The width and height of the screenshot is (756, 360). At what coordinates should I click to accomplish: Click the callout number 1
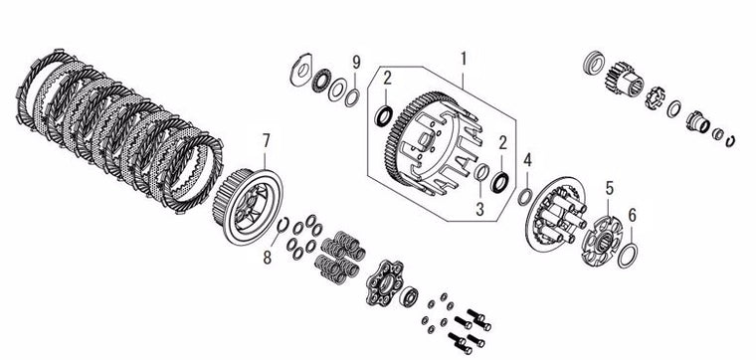(x=464, y=59)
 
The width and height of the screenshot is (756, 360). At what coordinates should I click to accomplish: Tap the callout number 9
(x=356, y=63)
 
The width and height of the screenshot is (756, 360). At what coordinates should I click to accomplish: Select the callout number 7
(x=266, y=140)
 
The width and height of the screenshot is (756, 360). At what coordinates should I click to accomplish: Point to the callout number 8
(x=268, y=258)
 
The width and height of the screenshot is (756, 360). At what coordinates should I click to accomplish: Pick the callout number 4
(x=527, y=160)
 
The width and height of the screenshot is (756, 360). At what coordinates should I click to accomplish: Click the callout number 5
(x=610, y=188)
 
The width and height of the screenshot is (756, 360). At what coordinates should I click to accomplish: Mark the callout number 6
(x=632, y=215)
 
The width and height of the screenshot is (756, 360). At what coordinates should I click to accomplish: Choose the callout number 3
(x=479, y=210)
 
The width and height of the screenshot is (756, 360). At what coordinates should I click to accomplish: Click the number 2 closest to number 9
(x=388, y=79)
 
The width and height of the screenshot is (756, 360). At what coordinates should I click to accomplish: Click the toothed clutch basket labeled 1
(x=434, y=143)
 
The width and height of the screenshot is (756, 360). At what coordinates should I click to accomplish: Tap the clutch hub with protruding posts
(x=555, y=214)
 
